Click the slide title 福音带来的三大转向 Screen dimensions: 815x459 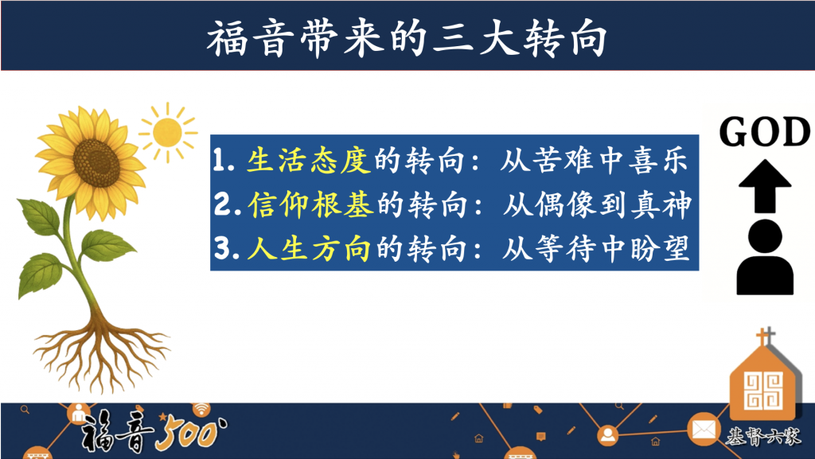point(407,38)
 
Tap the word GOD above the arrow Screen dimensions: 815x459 point(765,132)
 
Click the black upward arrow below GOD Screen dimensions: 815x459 point(765,186)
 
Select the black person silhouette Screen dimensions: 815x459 point(765,257)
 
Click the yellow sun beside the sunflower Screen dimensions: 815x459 point(167,132)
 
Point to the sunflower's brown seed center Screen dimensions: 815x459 point(96,162)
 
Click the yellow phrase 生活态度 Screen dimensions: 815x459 point(309,159)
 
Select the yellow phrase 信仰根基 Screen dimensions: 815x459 point(310,204)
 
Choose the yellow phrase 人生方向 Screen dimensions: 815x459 point(309,249)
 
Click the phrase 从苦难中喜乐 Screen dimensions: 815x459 point(594,159)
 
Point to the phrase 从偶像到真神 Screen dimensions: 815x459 point(597,204)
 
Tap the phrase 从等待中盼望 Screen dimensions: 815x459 point(595,249)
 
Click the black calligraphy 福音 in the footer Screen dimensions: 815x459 point(118,430)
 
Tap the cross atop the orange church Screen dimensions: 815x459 point(765,336)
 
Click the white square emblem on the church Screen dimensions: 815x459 point(763,390)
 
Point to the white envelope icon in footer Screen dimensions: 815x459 point(704,430)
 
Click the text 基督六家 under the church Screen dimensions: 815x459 point(763,437)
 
